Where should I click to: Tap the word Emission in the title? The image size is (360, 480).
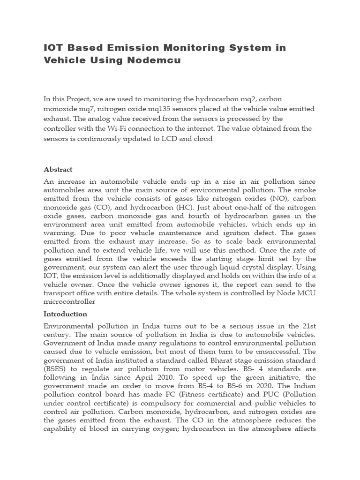click(x=130, y=47)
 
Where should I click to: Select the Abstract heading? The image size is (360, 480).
click(x=58, y=169)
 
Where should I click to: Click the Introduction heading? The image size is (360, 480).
click(x=65, y=314)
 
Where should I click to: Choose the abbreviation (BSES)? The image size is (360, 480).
click(x=57, y=369)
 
